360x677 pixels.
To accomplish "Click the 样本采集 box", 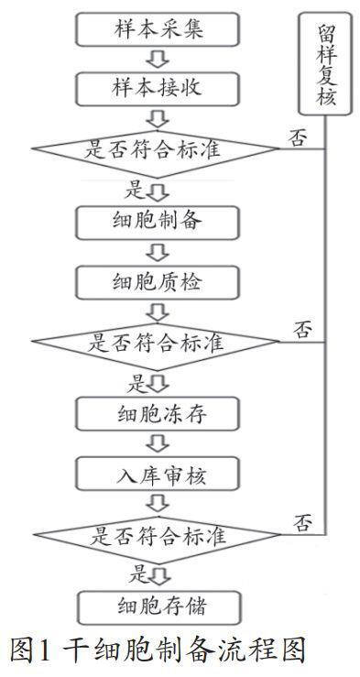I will pyautogui.click(x=158, y=29).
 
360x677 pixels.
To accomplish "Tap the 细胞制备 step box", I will pyautogui.click(x=158, y=223).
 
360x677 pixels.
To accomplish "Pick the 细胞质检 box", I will pyautogui.click(x=158, y=280).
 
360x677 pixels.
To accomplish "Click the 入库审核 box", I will pyautogui.click(x=158, y=474).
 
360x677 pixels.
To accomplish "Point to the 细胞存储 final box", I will pyautogui.click(x=158, y=606).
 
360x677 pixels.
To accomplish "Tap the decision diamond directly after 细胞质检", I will pyautogui.click(x=156, y=343).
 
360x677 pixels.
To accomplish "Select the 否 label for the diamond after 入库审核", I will pyautogui.click(x=303, y=521).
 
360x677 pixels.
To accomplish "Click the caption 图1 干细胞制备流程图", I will pyautogui.click(x=156, y=651).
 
